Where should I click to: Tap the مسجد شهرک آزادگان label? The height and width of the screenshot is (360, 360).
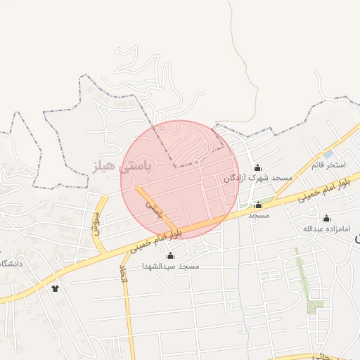coord(257,179)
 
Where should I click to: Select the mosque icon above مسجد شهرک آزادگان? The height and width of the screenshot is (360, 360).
coord(257,167)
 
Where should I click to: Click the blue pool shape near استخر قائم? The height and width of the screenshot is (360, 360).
coord(328,155)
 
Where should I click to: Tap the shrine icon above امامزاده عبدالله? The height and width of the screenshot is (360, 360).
coord(326,219)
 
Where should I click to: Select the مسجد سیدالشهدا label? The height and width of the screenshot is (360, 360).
coord(171,266)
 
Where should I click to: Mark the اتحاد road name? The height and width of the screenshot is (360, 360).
coord(124,274)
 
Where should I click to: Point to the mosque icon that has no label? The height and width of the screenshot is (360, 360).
coord(169,245)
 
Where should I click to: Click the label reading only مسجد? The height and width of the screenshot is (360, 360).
coord(259,215)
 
